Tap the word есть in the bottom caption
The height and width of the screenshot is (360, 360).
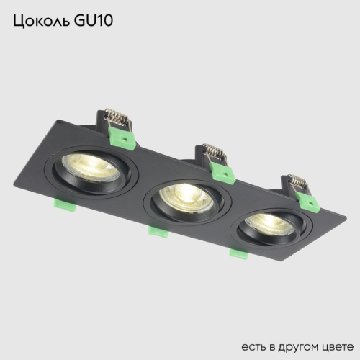[253, 338]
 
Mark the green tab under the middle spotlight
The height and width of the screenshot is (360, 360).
[156, 230]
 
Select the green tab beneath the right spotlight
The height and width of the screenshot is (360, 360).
[237, 253]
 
